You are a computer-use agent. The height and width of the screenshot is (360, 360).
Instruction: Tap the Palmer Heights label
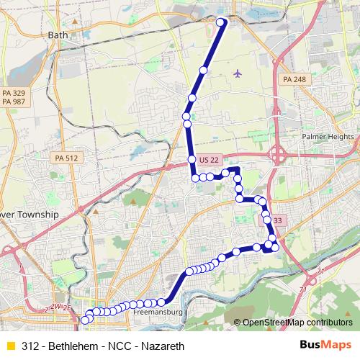tap(328, 135)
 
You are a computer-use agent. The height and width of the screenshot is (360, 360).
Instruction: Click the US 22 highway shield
tap(210, 159)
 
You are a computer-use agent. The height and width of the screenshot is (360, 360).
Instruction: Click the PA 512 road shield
tap(68, 158)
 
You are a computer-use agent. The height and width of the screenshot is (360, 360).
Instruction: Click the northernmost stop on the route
tap(221, 22)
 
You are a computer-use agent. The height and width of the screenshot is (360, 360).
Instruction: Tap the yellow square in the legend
tap(10, 346)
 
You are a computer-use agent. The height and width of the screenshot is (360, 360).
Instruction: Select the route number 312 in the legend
tap(30, 346)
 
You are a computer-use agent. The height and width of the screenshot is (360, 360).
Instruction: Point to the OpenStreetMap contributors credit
tap(292, 323)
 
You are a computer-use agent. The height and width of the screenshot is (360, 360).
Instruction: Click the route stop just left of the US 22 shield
tap(192, 159)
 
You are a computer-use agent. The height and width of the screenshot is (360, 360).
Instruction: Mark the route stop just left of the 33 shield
tap(267, 220)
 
